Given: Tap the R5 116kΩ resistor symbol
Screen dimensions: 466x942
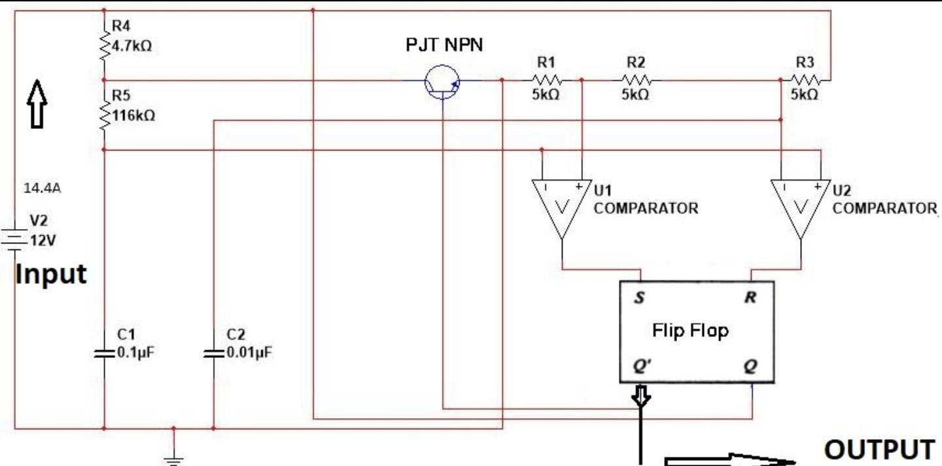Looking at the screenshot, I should [x=104, y=115].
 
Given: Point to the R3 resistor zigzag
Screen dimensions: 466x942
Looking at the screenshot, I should [x=805, y=80].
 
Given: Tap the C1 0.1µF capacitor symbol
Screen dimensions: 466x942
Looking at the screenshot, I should [x=104, y=353].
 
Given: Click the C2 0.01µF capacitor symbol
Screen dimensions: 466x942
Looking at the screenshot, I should [x=213, y=353].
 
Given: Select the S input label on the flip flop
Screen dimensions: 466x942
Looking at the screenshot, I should [x=639, y=298].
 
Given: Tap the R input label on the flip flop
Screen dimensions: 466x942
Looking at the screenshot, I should [x=750, y=298].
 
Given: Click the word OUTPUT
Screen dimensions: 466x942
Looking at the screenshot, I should [x=879, y=450].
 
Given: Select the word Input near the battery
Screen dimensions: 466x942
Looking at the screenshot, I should [x=50, y=274].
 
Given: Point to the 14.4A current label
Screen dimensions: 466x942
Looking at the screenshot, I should [x=43, y=188].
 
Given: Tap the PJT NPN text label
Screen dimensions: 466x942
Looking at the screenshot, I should [x=445, y=46].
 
